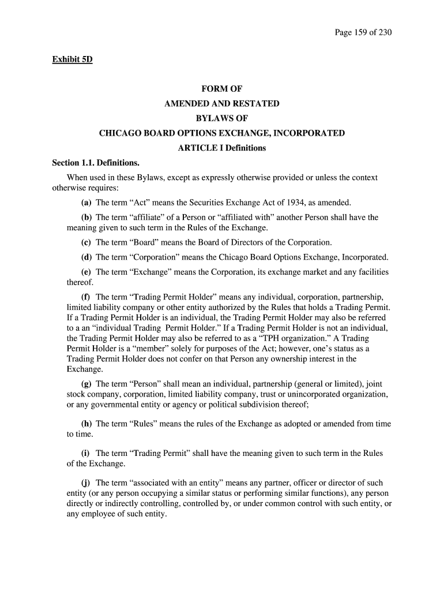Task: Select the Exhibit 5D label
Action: [x=72, y=59]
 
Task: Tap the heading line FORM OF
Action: [x=221, y=89]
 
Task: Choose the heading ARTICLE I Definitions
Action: [x=221, y=148]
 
